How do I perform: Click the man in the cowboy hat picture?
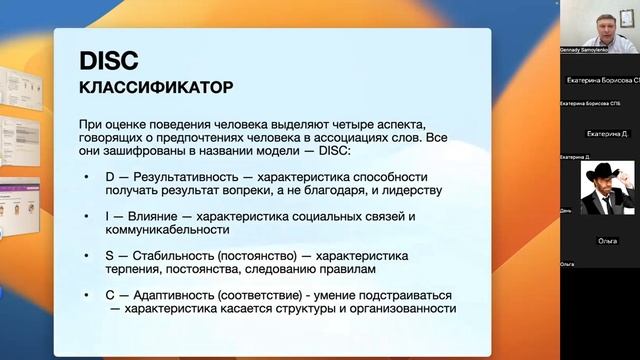coord(608,188)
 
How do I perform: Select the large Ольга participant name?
coord(607,241)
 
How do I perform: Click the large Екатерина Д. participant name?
coord(607,133)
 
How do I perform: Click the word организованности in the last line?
coord(400,310)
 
